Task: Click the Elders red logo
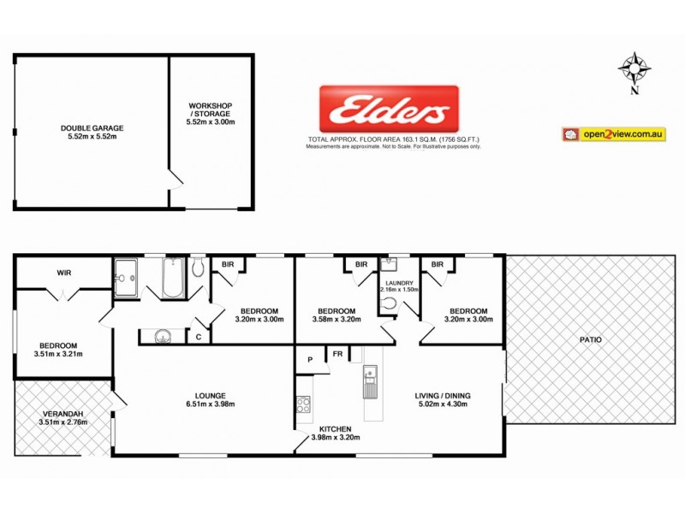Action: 389,110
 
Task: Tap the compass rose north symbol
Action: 634,68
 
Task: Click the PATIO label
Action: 590,339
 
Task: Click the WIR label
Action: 63,274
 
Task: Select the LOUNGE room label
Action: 210,395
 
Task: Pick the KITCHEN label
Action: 335,429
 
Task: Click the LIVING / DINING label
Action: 444,395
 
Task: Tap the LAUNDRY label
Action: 399,283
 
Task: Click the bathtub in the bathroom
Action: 172,279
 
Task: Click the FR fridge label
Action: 337,353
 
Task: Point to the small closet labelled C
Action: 198,337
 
